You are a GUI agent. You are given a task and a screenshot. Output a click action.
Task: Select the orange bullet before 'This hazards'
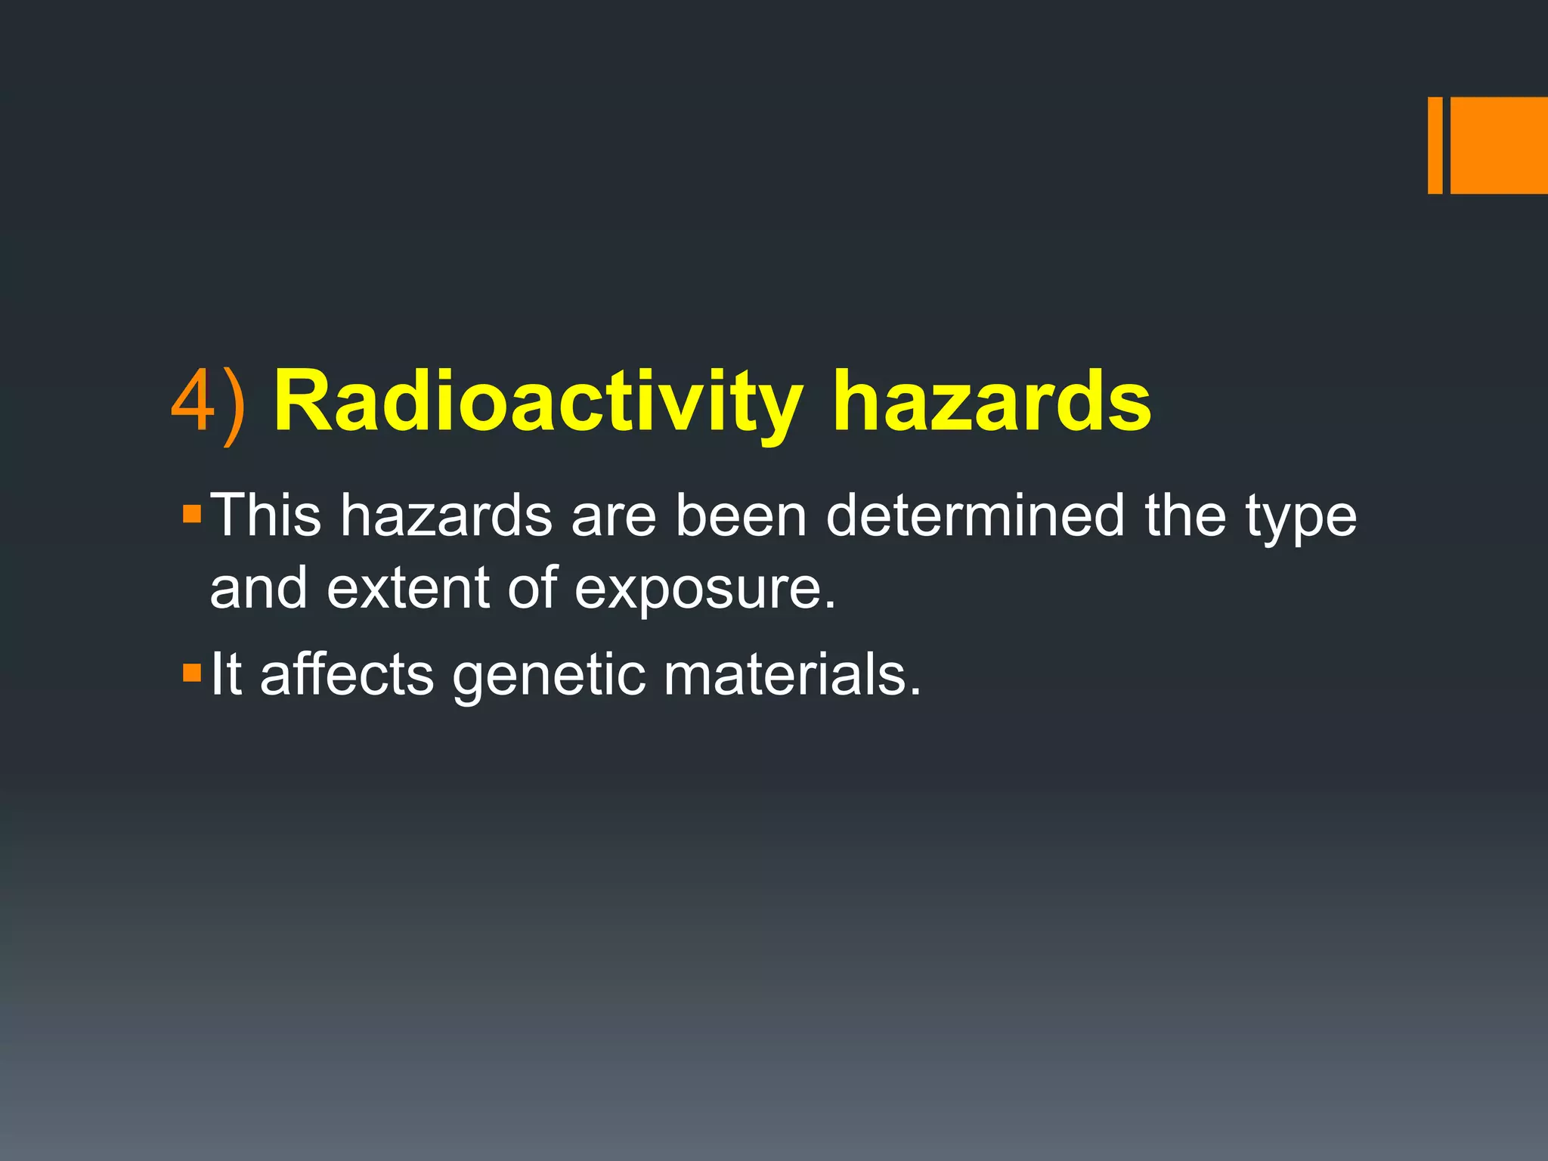click(x=192, y=515)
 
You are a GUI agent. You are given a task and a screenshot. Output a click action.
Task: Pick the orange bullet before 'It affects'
click(x=192, y=672)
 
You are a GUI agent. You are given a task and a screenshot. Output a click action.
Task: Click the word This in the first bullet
click(x=265, y=515)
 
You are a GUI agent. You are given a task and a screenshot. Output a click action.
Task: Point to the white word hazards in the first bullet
click(x=446, y=515)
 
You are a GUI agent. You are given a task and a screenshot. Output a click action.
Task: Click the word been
click(x=741, y=515)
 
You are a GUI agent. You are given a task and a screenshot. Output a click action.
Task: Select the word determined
click(x=976, y=515)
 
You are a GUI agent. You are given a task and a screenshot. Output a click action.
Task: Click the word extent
click(x=408, y=588)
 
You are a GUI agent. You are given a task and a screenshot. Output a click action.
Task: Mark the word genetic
click(x=549, y=676)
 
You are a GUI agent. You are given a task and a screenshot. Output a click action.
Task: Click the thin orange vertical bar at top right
click(x=1435, y=145)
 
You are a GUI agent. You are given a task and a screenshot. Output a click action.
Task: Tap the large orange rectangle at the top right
click(x=1499, y=145)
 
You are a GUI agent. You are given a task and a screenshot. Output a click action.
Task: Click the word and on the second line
click(x=259, y=588)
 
